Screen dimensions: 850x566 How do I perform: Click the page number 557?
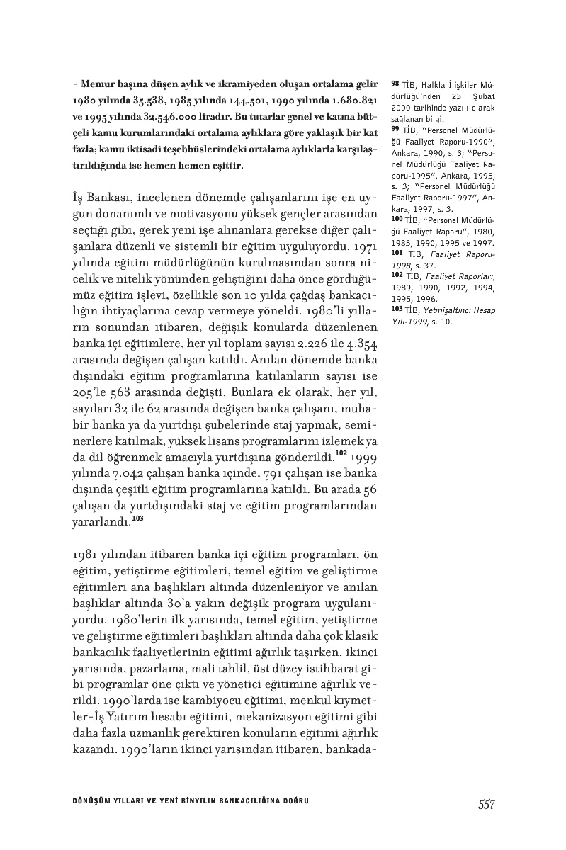pos(486,805)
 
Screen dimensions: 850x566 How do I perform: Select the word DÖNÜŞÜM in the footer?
pos(93,801)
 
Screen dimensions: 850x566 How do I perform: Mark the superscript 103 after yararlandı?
pos(137,518)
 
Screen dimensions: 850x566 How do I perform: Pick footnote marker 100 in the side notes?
pos(397,220)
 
